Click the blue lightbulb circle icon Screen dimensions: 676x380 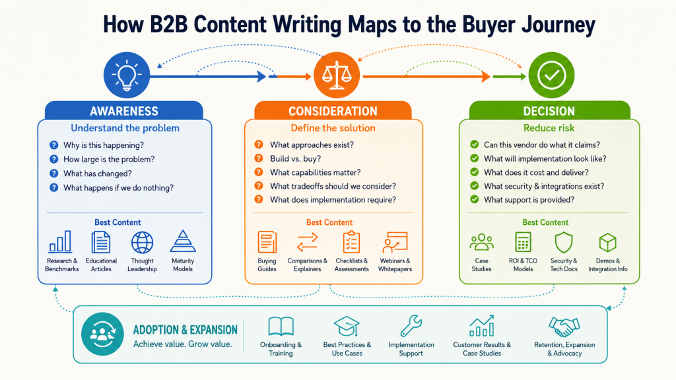(126, 75)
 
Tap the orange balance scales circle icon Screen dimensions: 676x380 (336, 75)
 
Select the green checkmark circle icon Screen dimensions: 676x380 (551, 75)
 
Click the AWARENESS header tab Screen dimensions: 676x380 (123, 110)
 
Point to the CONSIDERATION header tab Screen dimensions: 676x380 (333, 110)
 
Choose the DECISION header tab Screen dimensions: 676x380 (549, 110)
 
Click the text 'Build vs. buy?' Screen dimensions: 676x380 (295, 158)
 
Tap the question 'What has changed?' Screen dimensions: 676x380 (98, 174)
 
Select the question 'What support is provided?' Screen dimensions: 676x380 (529, 200)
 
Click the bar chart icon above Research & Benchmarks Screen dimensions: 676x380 (60, 241)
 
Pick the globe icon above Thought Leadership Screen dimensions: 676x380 (142, 242)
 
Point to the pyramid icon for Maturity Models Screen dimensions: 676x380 (183, 241)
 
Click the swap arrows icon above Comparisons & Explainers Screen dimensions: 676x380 (307, 242)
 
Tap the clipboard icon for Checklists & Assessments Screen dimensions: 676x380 (351, 241)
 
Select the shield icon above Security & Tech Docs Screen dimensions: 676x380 (564, 242)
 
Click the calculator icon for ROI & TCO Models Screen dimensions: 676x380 (523, 241)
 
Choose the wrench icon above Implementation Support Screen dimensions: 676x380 (411, 326)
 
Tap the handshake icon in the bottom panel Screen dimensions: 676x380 (564, 327)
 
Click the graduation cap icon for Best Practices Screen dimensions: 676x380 (347, 326)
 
